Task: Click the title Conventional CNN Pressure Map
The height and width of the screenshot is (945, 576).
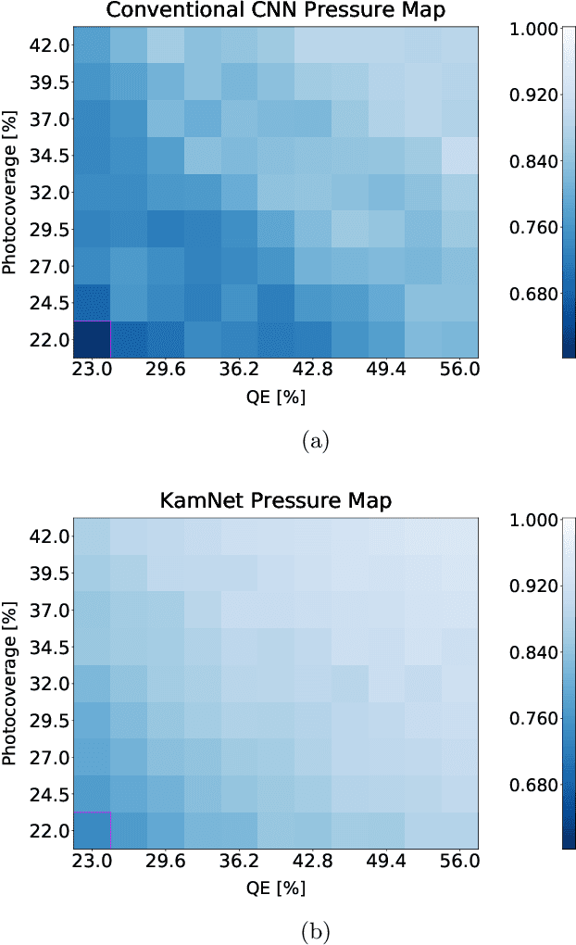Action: (x=275, y=11)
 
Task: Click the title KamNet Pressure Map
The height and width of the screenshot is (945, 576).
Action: (x=275, y=501)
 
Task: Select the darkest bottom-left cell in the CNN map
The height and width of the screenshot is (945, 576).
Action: (x=92, y=339)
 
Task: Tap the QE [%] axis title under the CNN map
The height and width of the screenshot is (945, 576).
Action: (x=275, y=397)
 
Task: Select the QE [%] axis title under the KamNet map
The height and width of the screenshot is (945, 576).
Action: (x=275, y=888)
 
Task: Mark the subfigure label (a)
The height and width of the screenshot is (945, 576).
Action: (x=315, y=441)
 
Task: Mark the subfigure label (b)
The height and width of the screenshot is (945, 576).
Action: (x=315, y=931)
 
